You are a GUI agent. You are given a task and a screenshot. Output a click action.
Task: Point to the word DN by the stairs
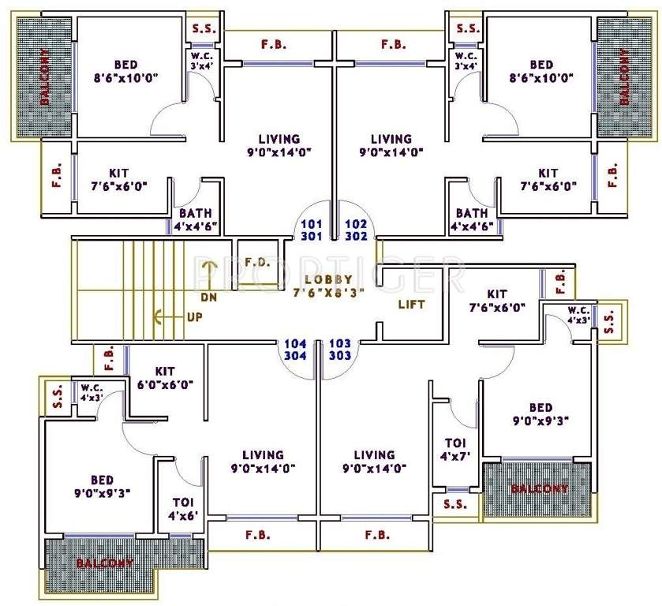208,297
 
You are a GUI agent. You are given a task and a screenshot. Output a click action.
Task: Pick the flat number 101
309,223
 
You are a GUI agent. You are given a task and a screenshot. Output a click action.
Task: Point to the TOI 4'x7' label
455,449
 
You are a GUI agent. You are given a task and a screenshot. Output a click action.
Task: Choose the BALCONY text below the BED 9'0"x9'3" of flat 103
539,488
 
